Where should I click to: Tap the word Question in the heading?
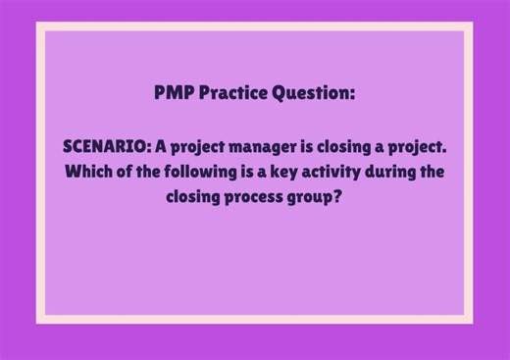click(x=312, y=94)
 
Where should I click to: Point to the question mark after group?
click(x=344, y=196)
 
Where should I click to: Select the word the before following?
click(x=156, y=172)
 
